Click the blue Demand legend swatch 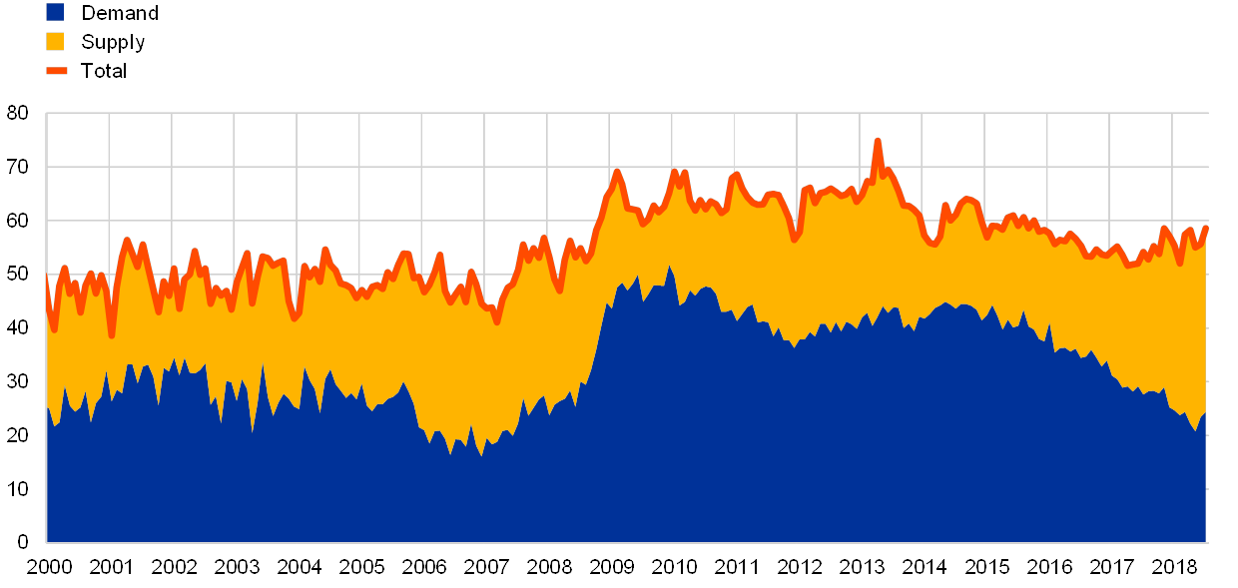55,12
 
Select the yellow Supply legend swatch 55,42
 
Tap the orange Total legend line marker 56,71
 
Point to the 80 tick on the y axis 18,113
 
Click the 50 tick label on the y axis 18,275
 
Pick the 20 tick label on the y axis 18,435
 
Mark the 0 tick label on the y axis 23,543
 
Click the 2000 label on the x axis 48,567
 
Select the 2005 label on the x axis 360,567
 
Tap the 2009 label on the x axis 611,567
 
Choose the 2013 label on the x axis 862,567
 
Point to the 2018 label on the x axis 1174,567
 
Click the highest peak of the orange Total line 878,141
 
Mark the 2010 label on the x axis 674,567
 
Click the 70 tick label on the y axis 18,167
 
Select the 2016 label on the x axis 1049,567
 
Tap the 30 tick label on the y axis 18,381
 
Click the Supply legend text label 114,42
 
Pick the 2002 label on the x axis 173,567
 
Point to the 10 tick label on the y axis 18,489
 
